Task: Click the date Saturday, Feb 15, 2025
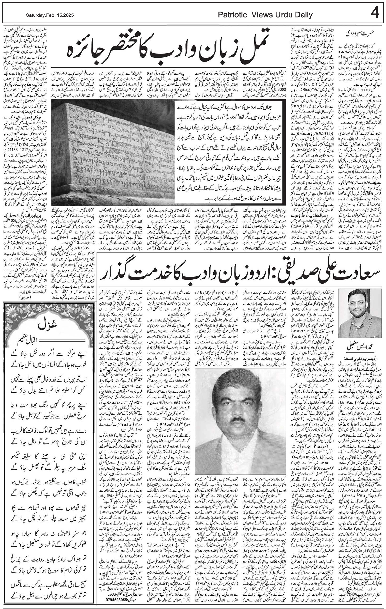pyautogui.click(x=50, y=15)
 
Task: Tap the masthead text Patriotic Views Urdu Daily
pyautogui.click(x=265, y=15)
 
